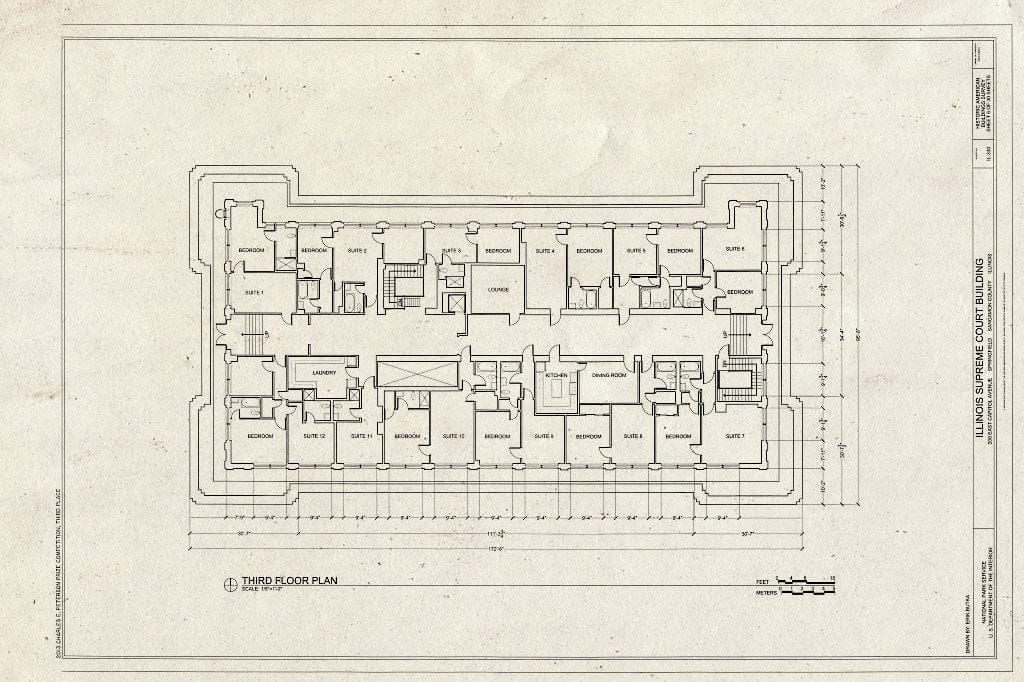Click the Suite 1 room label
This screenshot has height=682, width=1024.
(x=253, y=292)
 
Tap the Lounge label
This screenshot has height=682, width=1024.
(x=498, y=291)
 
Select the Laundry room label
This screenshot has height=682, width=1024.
(x=323, y=373)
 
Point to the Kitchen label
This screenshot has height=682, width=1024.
(x=557, y=374)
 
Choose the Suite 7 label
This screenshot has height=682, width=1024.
(x=735, y=436)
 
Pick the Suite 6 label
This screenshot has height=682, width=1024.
(x=735, y=249)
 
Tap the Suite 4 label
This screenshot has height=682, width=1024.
(x=544, y=250)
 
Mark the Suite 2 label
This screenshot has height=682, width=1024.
(x=357, y=250)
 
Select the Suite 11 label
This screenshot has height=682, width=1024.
(x=361, y=436)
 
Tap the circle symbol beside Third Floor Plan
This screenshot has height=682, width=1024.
(x=230, y=581)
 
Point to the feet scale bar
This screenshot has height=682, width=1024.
(x=806, y=580)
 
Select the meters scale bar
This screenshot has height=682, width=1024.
(x=806, y=592)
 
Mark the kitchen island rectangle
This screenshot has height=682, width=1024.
(x=557, y=393)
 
